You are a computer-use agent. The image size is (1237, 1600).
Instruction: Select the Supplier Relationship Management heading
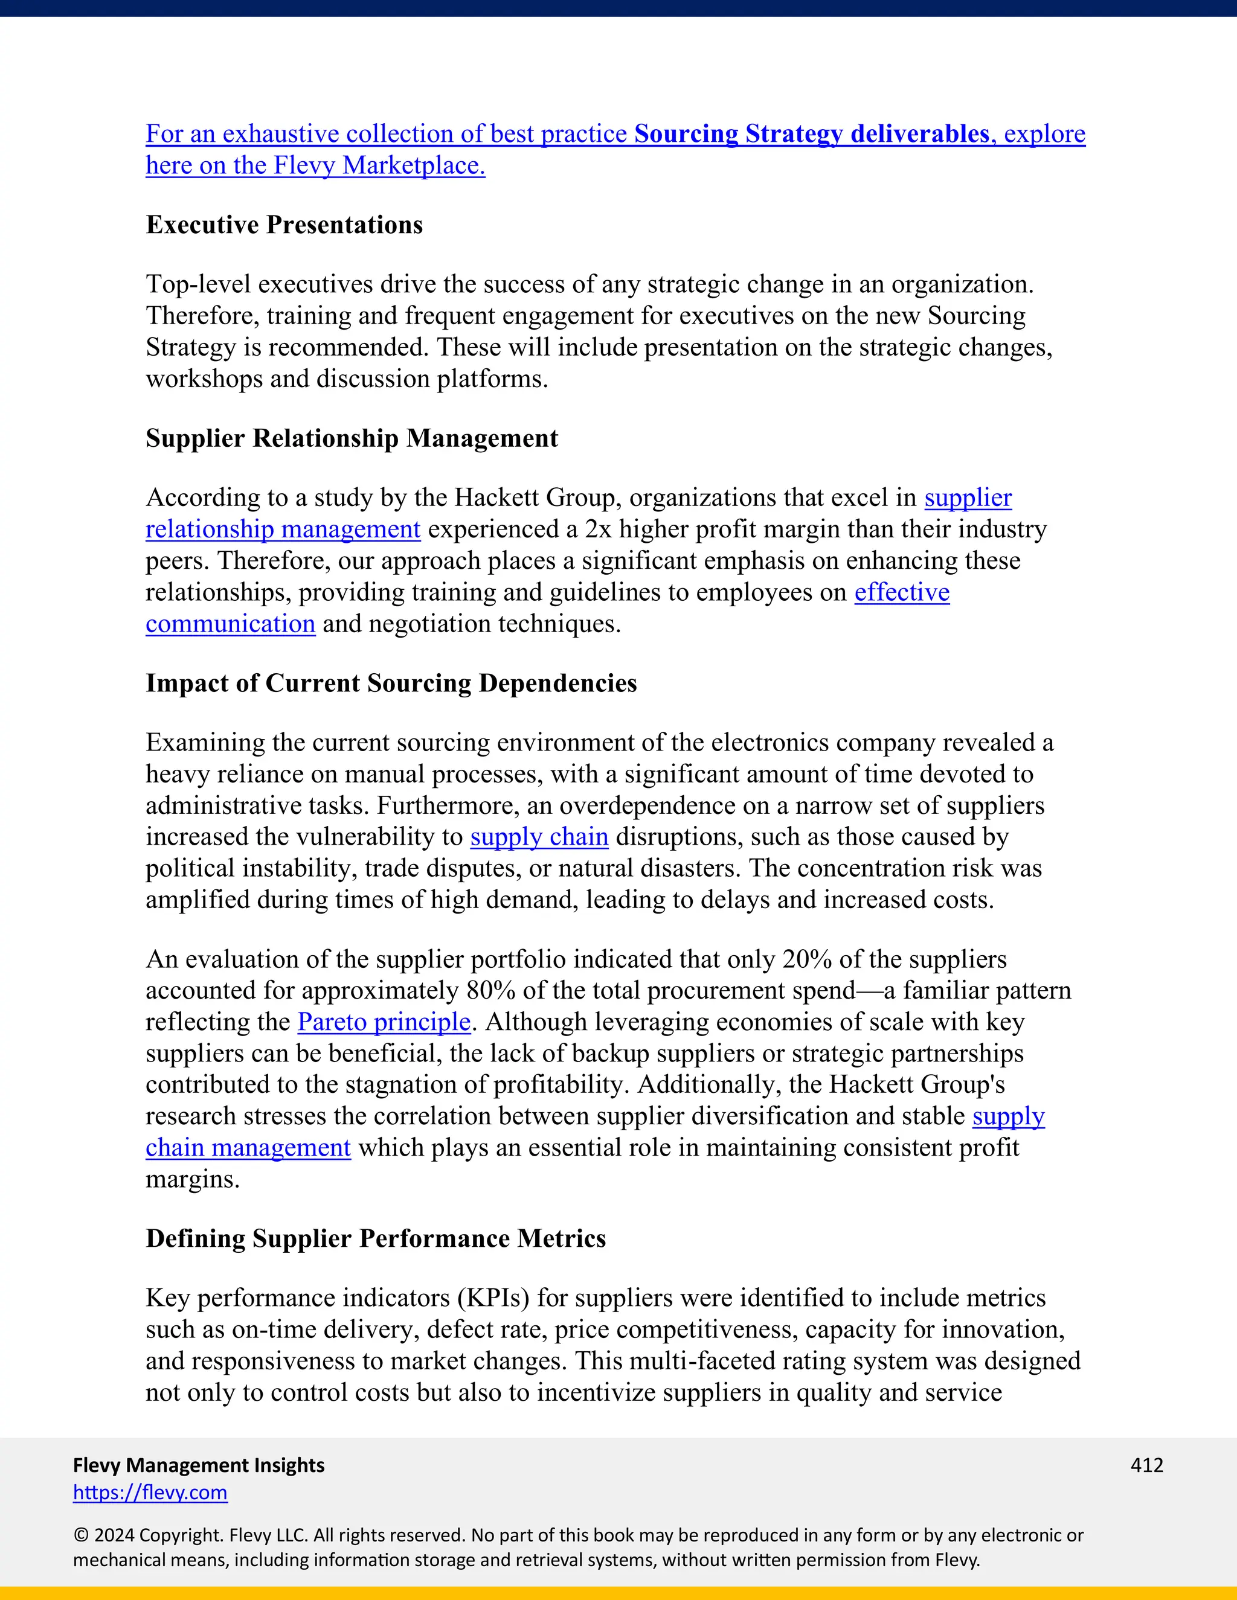point(352,438)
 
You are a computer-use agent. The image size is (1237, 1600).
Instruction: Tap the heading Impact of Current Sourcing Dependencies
point(391,683)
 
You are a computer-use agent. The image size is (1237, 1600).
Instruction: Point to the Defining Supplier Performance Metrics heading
point(376,1238)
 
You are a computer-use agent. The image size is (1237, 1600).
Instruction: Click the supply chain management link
point(248,1148)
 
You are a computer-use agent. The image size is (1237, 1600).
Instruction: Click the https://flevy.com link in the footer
point(150,1493)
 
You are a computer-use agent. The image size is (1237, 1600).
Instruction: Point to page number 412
point(1146,1465)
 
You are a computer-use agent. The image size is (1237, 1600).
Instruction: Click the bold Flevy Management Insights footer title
point(199,1465)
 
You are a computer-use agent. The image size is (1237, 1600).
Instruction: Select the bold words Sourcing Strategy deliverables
point(811,134)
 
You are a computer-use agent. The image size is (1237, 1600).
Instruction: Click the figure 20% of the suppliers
point(807,959)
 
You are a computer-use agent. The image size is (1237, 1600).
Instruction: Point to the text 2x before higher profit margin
point(598,529)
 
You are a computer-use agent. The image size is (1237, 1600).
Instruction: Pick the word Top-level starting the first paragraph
point(198,284)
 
